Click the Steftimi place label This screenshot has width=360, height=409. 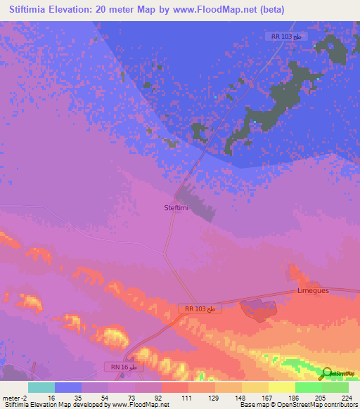176,207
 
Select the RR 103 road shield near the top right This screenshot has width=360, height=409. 288,36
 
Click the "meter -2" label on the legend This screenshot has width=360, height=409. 15,397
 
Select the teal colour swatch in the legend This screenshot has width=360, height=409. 41,387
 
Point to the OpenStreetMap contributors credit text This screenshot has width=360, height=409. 309,405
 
